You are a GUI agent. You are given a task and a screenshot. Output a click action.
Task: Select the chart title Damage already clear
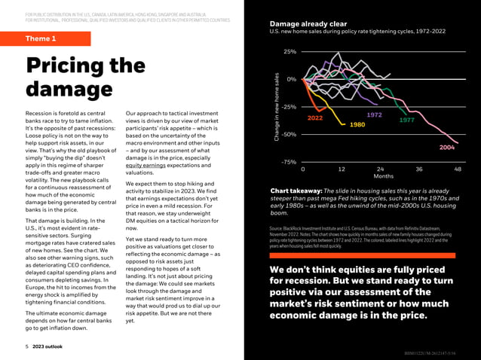308,24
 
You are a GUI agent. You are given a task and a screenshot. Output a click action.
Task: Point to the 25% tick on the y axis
290,52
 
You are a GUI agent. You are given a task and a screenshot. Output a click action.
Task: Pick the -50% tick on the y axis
288,134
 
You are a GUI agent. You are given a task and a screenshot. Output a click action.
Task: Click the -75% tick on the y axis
288,162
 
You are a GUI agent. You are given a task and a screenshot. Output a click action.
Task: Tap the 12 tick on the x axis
341,169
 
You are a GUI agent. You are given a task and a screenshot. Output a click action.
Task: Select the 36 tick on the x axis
418,169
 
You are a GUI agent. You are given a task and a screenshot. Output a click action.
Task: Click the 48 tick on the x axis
458,169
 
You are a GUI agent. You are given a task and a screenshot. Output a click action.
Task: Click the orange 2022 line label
315,119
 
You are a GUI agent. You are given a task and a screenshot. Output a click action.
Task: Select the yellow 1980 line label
357,124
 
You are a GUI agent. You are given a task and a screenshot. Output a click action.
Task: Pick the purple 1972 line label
374,114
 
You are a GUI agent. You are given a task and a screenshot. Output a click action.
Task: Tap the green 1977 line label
407,120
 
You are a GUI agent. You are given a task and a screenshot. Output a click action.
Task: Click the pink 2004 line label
446,148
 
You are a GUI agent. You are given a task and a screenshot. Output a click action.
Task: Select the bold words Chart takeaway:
296,191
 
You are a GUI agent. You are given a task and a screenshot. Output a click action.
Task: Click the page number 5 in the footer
26,347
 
